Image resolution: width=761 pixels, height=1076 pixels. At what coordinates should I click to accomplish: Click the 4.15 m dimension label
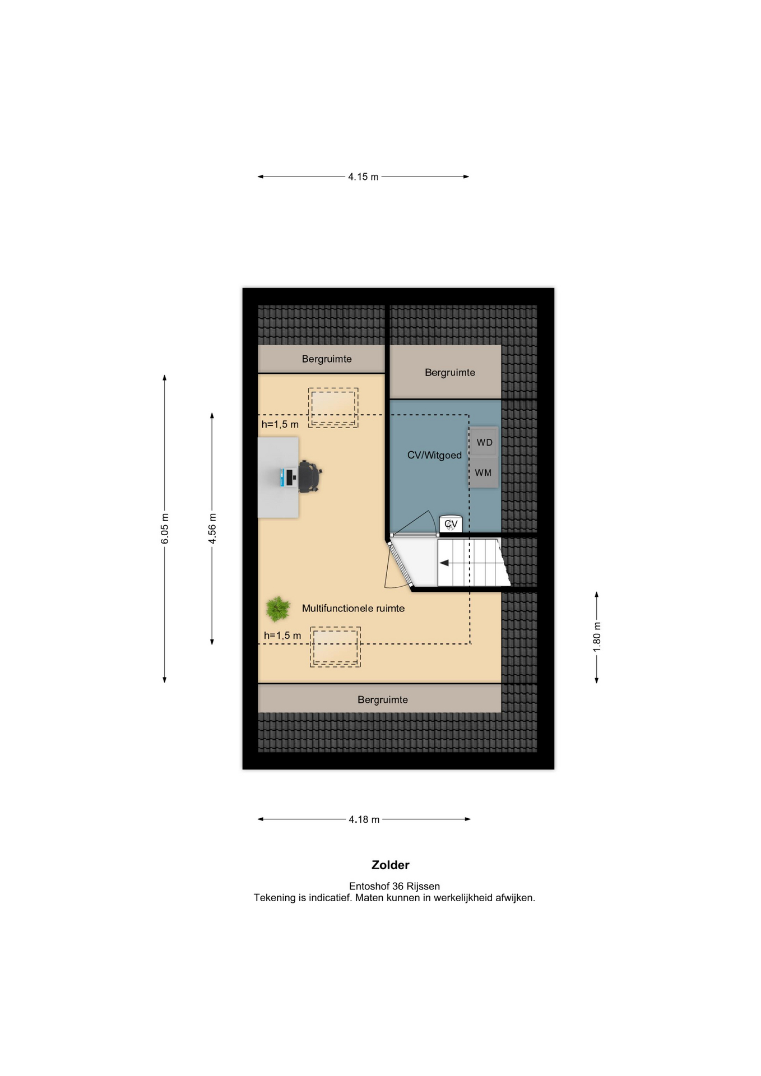(x=363, y=177)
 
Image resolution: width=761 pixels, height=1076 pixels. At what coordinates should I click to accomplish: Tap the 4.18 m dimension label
(x=364, y=819)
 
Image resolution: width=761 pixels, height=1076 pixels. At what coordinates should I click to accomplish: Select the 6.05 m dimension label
(x=165, y=528)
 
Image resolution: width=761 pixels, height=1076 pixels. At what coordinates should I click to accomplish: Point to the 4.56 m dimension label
(x=212, y=528)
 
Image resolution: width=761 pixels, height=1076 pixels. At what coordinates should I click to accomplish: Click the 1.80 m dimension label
(x=597, y=637)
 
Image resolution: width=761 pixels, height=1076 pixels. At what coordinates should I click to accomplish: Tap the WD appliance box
(x=484, y=442)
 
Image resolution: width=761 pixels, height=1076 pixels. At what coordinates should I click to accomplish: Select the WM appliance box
(x=484, y=472)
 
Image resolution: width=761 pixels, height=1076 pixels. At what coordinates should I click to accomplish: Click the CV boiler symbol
(x=451, y=524)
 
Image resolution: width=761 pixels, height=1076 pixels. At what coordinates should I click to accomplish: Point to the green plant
(x=277, y=609)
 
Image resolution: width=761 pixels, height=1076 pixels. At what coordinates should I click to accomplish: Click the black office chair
(x=309, y=476)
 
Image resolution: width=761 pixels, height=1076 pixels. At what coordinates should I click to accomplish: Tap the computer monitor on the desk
(x=290, y=477)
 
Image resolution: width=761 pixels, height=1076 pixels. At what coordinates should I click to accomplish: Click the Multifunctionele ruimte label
(x=353, y=608)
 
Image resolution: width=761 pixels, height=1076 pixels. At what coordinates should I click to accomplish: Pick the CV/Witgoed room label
(x=434, y=455)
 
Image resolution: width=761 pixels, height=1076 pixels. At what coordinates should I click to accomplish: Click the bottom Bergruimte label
(x=383, y=699)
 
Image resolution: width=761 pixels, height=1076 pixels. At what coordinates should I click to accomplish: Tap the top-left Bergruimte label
(x=327, y=359)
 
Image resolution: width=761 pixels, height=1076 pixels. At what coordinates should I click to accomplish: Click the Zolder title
(x=391, y=865)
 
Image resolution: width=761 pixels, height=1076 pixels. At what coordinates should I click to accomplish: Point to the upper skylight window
(x=333, y=408)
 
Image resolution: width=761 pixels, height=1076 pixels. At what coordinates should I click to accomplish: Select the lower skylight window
(x=335, y=647)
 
